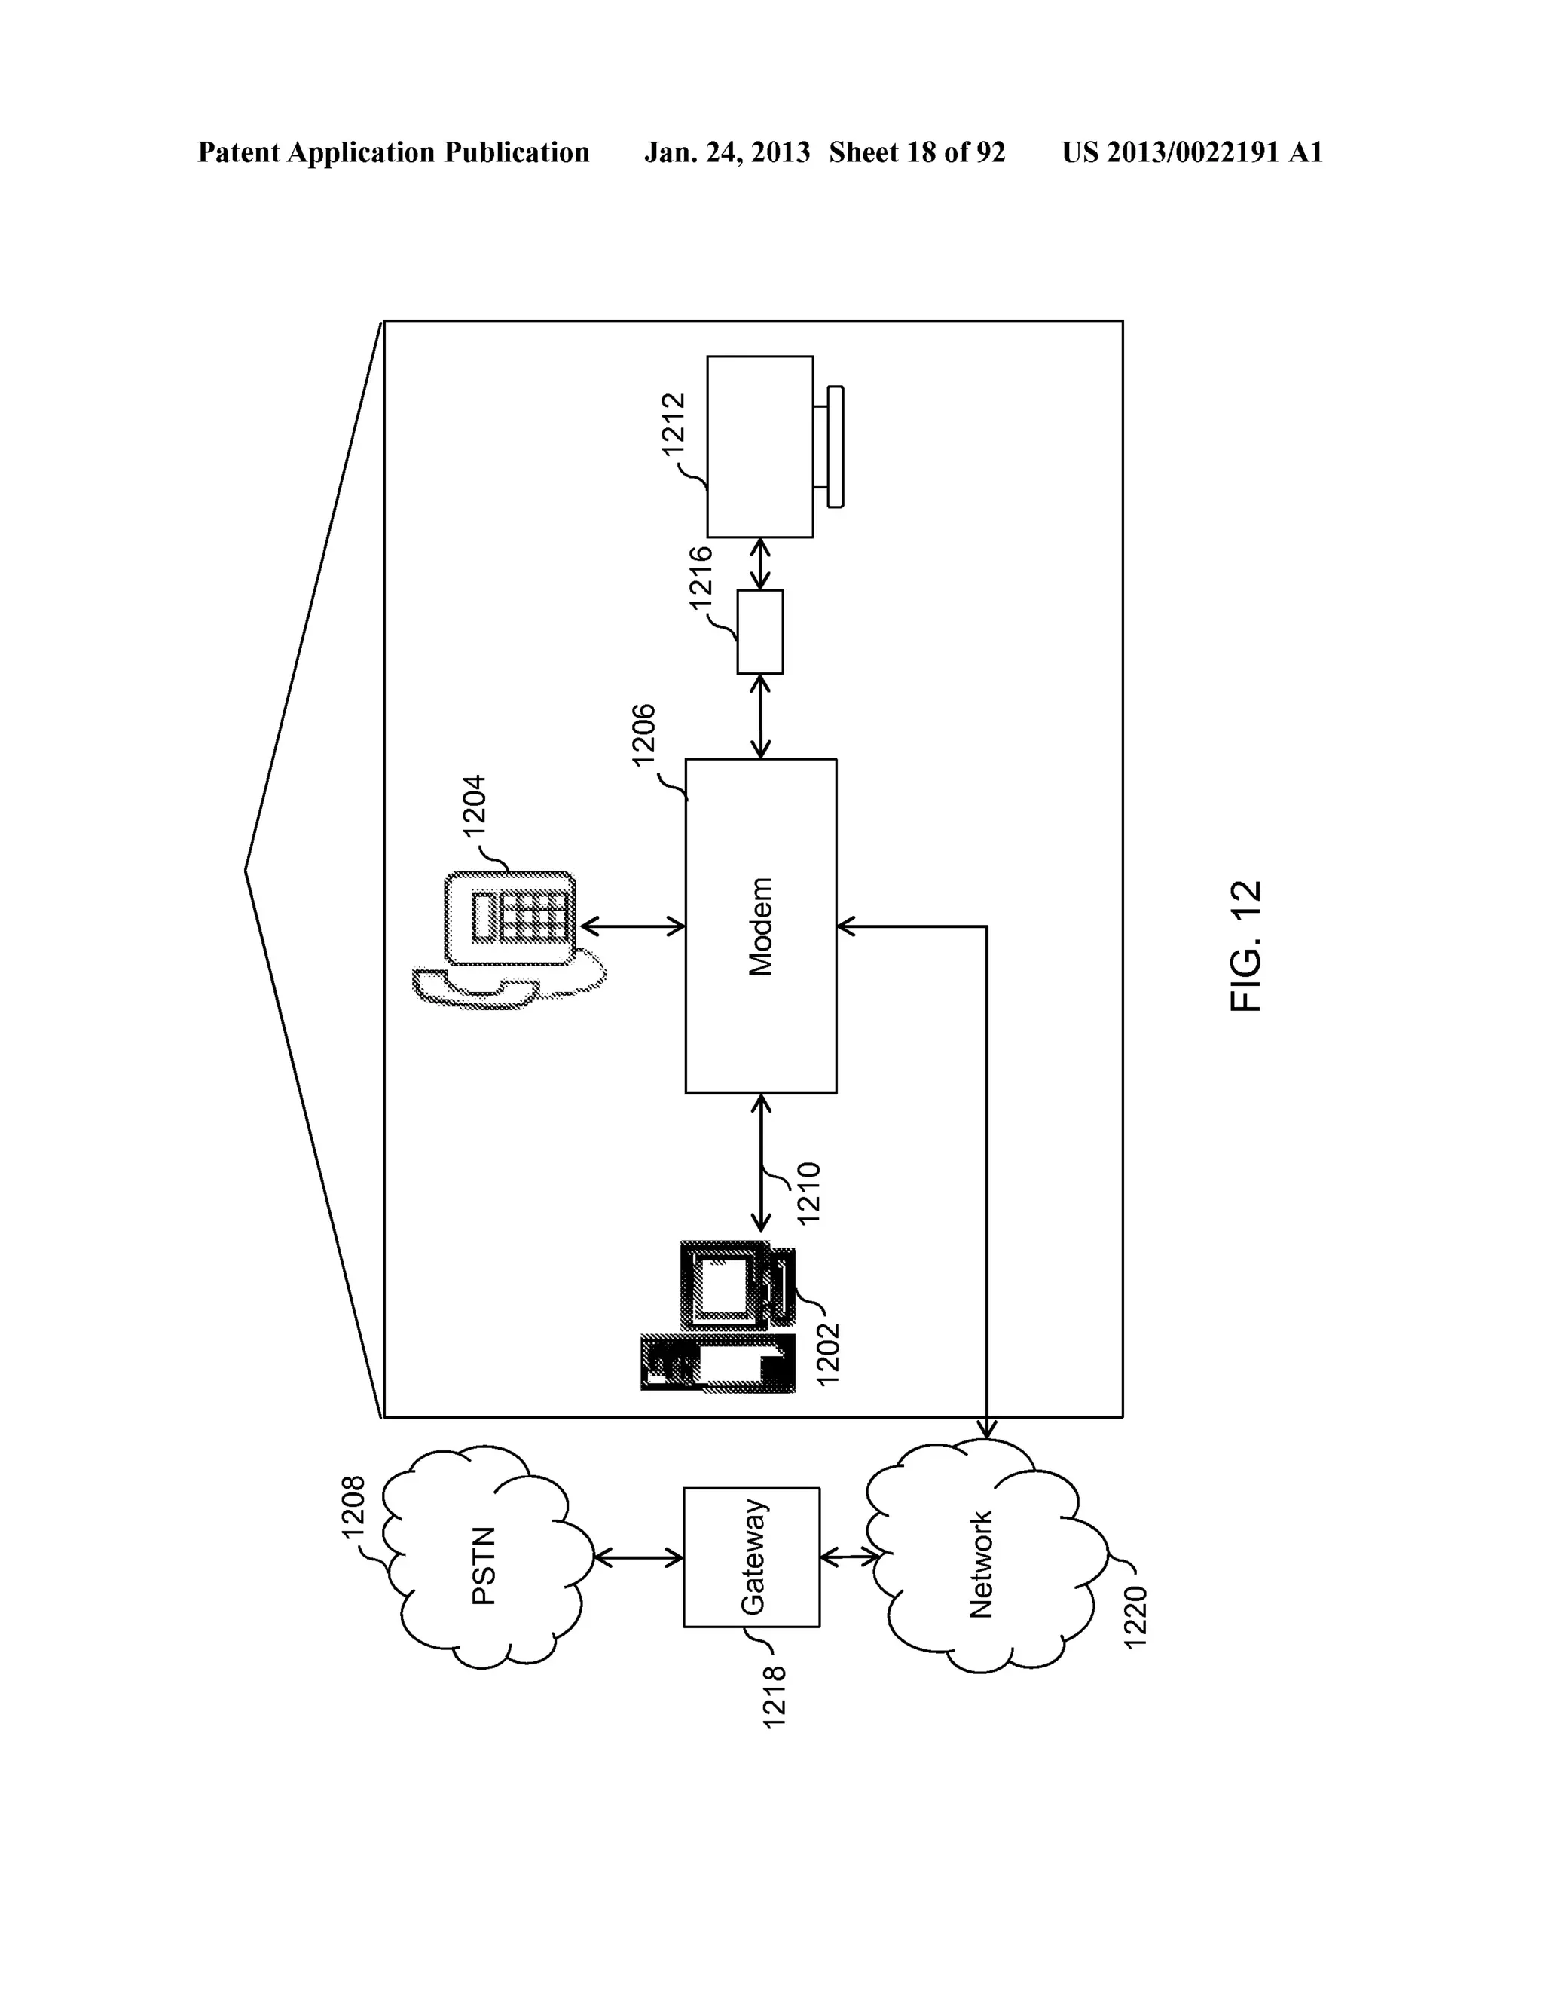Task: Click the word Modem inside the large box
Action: coord(760,926)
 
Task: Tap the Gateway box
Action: coord(751,1557)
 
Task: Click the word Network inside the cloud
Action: coord(981,1563)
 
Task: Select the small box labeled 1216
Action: coord(759,632)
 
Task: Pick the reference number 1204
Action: coord(475,804)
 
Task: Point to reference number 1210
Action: coord(808,1192)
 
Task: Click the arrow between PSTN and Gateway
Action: coord(637,1558)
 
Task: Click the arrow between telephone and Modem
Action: coord(631,926)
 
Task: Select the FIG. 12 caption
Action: coord(1246,946)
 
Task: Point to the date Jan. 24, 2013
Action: coord(726,152)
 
